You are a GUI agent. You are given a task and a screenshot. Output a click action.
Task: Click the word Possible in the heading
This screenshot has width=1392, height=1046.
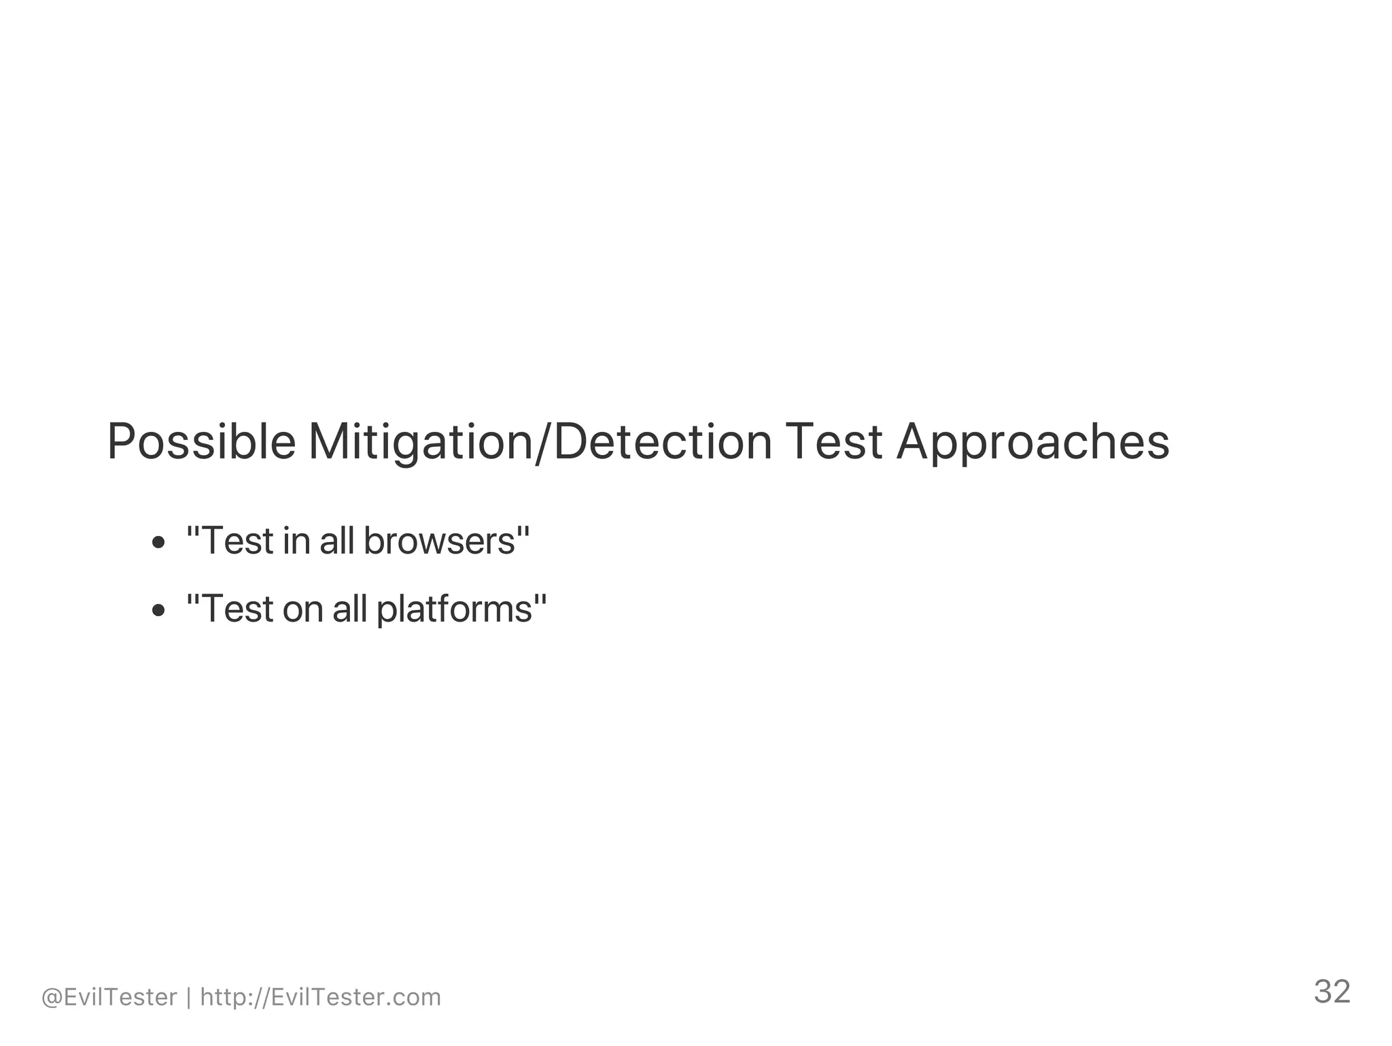tap(201, 443)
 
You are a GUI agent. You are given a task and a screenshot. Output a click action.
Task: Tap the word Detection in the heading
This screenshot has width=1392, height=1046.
tap(663, 441)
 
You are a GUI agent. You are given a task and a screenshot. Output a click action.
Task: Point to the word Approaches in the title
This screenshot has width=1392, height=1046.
tap(1032, 443)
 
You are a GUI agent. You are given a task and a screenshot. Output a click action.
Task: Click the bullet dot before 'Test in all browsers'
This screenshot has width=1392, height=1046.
tap(158, 543)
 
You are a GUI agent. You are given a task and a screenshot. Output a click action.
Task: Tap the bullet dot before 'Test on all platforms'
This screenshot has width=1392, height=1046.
tap(158, 610)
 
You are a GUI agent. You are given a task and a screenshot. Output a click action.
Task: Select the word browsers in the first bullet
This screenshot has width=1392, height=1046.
tap(439, 541)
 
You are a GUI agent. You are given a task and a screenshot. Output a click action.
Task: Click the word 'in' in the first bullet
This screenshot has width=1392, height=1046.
tap(296, 541)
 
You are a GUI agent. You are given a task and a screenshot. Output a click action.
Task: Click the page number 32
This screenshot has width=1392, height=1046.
tap(1332, 992)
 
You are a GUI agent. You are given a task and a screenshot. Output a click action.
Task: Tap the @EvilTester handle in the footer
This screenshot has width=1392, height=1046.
tap(109, 998)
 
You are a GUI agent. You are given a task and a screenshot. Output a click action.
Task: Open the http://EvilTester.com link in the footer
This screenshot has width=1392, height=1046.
tap(321, 998)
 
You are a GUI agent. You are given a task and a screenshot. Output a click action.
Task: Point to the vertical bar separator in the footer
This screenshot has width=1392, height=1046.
tap(189, 998)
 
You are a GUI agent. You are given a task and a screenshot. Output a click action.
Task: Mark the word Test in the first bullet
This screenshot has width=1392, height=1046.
tap(237, 541)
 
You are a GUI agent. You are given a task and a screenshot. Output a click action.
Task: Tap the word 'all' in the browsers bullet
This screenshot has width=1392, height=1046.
tap(336, 541)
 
